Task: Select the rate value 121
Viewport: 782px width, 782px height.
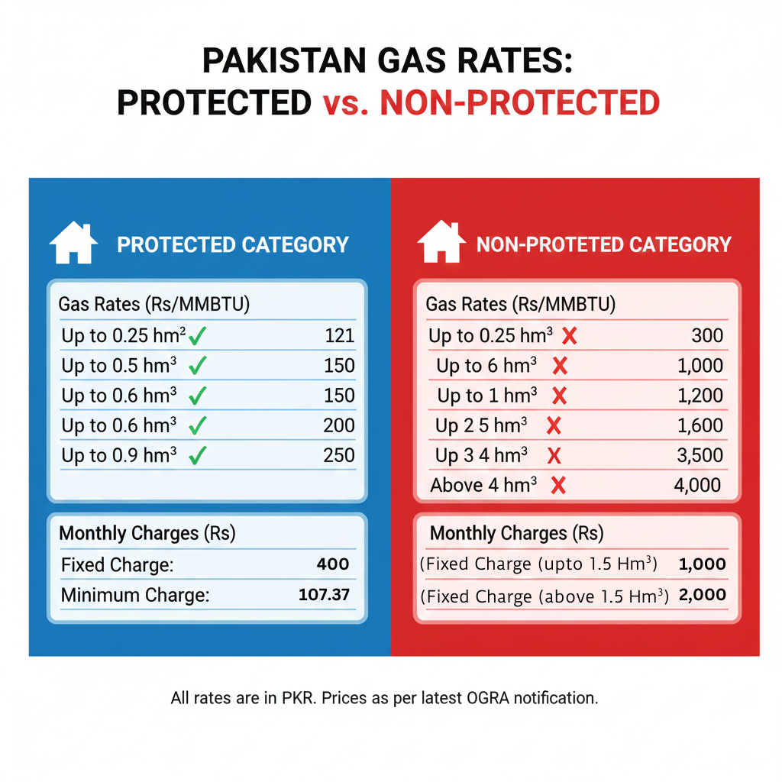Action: [339, 335]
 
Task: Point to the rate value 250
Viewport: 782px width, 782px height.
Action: [339, 455]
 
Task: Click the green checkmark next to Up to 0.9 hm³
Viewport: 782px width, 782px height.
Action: [198, 456]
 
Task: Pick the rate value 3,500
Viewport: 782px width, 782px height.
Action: [700, 455]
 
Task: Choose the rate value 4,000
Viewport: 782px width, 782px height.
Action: [697, 485]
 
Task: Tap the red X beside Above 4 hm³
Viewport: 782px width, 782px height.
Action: [558, 486]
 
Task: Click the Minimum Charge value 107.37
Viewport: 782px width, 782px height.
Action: [324, 594]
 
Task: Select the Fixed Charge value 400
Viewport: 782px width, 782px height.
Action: [333, 564]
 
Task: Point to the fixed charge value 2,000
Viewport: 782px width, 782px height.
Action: [702, 595]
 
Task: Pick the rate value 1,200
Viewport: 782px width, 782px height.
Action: [700, 396]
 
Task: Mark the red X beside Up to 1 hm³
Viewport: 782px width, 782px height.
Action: [559, 396]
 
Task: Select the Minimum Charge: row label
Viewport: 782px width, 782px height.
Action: [135, 595]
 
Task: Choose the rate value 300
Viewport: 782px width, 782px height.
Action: [707, 335]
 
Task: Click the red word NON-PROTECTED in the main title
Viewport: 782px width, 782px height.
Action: [520, 103]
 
